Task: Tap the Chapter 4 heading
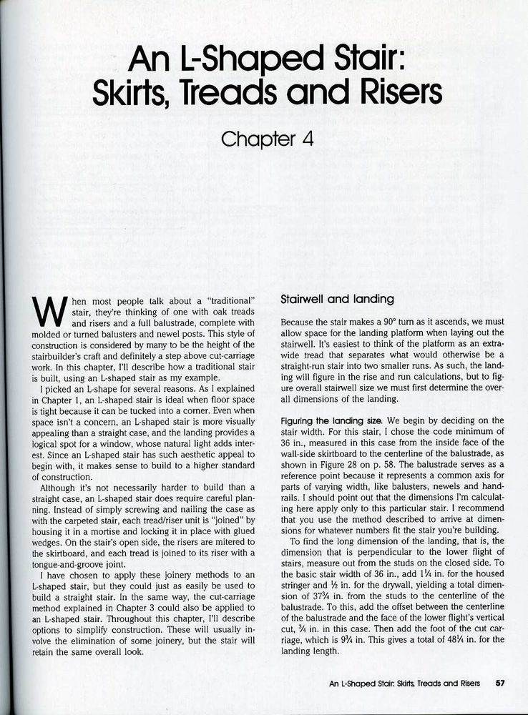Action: (x=268, y=138)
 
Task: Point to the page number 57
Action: (x=501, y=683)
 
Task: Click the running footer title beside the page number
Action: (x=404, y=683)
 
